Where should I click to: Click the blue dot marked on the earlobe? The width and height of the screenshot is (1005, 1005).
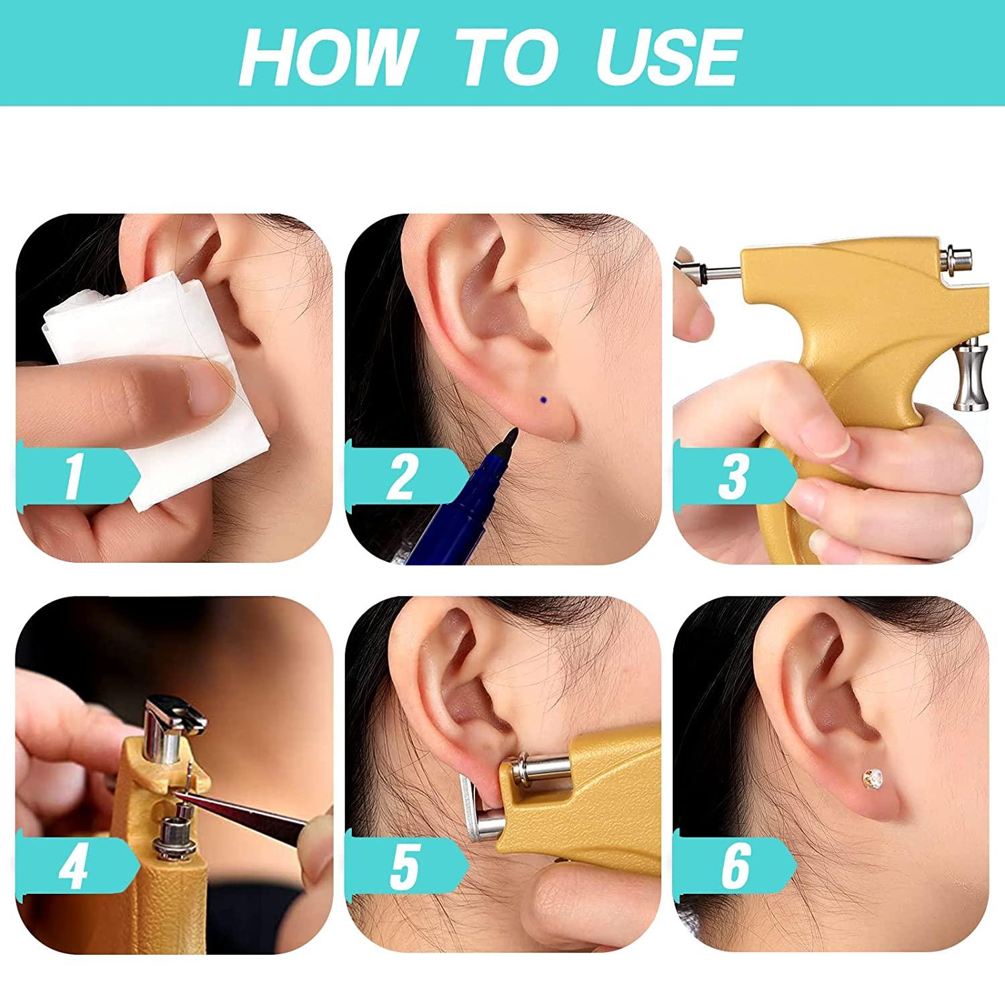click(x=543, y=400)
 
